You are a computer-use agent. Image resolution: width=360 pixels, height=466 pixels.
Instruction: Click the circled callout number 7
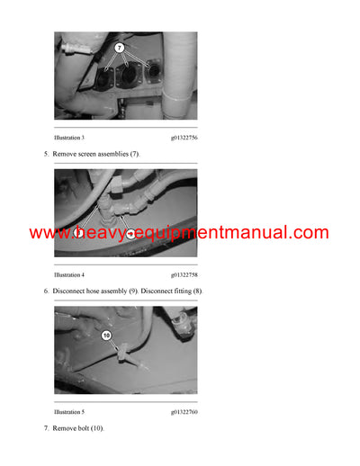[x=121, y=46]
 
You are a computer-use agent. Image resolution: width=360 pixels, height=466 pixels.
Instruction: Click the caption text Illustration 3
[x=70, y=138]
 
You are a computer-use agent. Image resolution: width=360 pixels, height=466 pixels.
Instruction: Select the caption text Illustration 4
[x=70, y=273]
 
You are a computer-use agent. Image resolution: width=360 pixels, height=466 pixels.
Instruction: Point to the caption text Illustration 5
[x=70, y=410]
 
